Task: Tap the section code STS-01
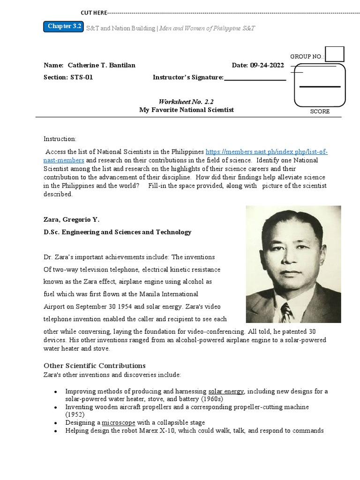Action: click(82, 77)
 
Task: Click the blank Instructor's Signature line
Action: click(255, 78)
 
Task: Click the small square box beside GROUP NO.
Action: click(335, 54)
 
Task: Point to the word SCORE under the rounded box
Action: click(320, 112)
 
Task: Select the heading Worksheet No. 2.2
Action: click(186, 101)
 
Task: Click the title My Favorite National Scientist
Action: click(186, 110)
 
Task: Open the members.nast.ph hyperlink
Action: click(266, 152)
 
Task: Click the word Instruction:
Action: click(60, 139)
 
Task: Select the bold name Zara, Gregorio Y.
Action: click(72, 219)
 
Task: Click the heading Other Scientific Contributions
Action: click(95, 366)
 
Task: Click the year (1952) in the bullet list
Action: click(74, 415)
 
